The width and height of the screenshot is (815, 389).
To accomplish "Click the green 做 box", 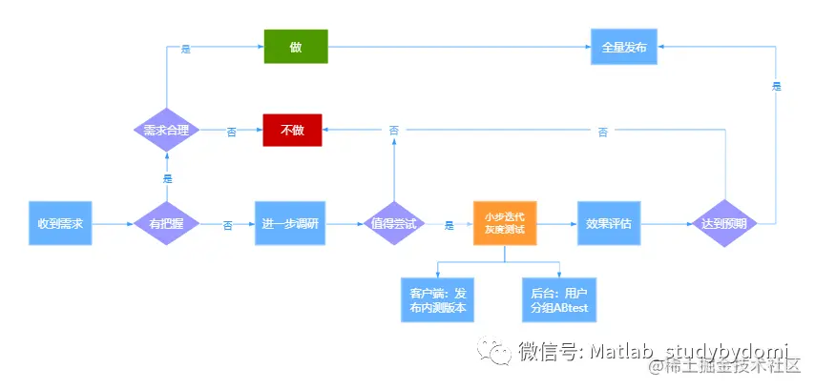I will click(x=296, y=46).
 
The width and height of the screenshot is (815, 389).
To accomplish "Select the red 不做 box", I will click(x=292, y=130).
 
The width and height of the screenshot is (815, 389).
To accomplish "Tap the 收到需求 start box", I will click(x=60, y=223).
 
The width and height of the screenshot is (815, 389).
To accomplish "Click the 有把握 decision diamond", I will click(x=166, y=223).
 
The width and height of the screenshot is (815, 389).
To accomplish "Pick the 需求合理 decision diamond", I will click(x=166, y=130).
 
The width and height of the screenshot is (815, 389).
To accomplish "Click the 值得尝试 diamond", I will click(x=394, y=223).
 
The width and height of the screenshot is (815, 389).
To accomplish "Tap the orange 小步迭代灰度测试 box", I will click(x=505, y=223).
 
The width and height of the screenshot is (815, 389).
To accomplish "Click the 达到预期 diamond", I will click(x=724, y=223).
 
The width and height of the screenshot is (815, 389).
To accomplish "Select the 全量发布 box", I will click(x=622, y=46).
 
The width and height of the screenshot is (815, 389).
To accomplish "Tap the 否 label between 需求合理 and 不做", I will click(x=231, y=132).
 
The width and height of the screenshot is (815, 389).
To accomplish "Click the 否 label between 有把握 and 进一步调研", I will click(x=227, y=225).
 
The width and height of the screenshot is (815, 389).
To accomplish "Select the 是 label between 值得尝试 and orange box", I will click(x=449, y=225).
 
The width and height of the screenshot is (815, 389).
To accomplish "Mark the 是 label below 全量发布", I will click(x=776, y=86).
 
